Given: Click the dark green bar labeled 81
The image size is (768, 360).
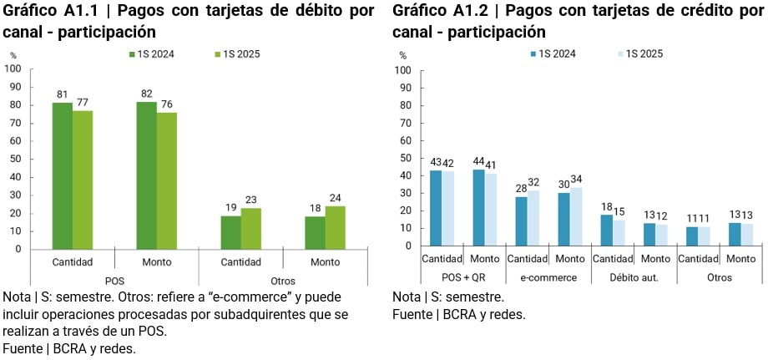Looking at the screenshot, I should coord(62,175).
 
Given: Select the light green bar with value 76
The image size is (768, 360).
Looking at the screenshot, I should coord(167,180).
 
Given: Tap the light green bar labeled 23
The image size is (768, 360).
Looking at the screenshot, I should coord(251,228).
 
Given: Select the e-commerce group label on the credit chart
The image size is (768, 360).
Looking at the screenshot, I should coord(548,277).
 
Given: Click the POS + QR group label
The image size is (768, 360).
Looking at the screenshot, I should coord(463,277).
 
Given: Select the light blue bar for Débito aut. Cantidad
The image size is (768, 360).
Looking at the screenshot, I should coord(619,232).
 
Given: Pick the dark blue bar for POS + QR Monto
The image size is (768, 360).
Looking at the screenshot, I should coord(478,207).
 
